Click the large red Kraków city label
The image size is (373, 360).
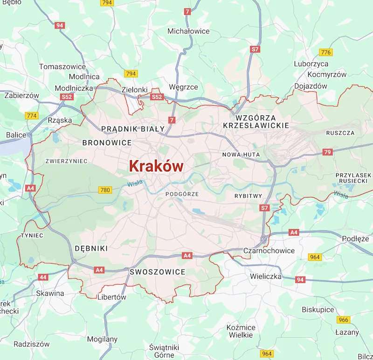pos(156,166)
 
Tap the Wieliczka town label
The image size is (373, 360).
pos(266,276)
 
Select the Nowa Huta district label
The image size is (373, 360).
pos(241,155)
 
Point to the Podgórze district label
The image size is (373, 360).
pos(182,194)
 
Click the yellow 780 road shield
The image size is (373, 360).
pos(105,190)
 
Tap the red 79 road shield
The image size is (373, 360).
pos(327,152)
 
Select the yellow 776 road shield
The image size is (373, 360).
pos(325,52)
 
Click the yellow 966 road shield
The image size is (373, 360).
pos(344,319)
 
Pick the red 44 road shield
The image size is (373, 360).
pos(43,277)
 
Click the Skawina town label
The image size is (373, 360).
pos(50,293)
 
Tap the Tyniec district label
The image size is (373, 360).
pos(32,236)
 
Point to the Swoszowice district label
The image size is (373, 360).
pos(158,272)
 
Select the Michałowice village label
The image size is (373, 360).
pos(188,31)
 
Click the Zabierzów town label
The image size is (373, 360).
pos(21,95)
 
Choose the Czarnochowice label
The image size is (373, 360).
pos(269,251)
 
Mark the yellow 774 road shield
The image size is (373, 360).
pos(32,115)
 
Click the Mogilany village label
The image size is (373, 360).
pos(102,339)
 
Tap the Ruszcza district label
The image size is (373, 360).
pos(340,133)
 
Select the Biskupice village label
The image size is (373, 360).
pos(318,310)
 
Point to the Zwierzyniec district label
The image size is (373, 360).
pos(66,161)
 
